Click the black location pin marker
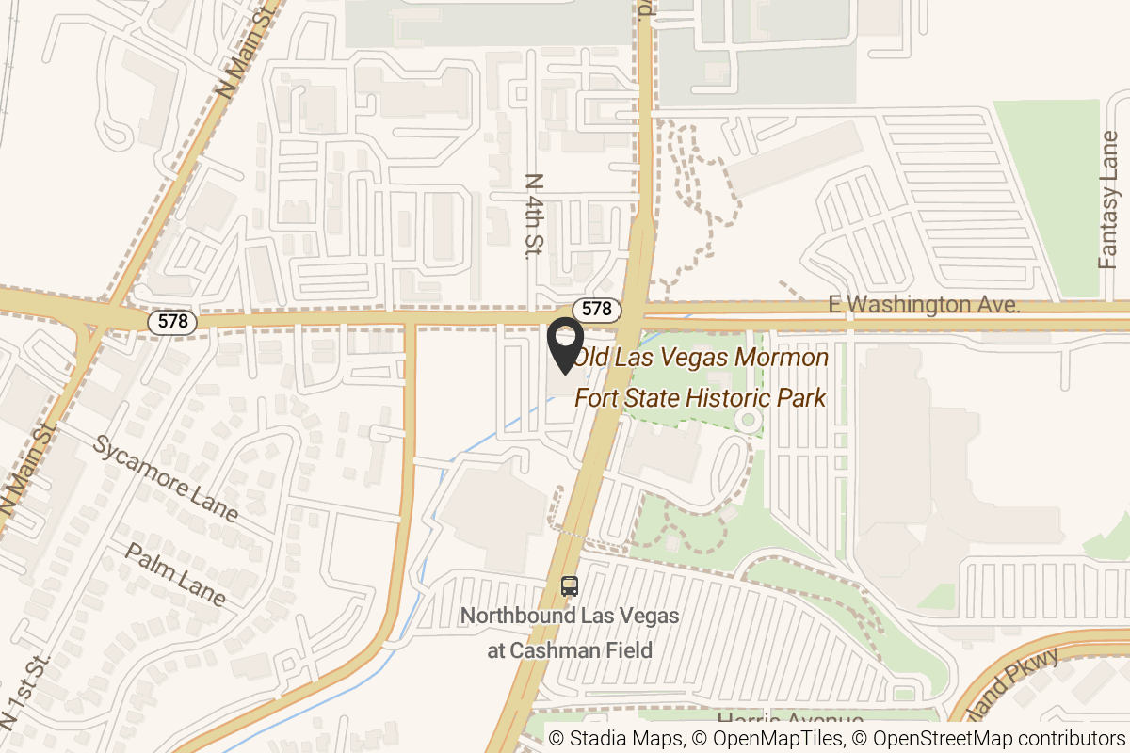point(566,346)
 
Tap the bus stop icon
point(569,586)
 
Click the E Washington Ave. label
point(925,305)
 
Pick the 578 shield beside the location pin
point(596,309)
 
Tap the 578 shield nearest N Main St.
point(172,322)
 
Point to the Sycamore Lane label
point(165,478)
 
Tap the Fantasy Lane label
point(1110,200)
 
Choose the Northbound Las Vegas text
point(569,617)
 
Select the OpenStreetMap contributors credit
point(988,739)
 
